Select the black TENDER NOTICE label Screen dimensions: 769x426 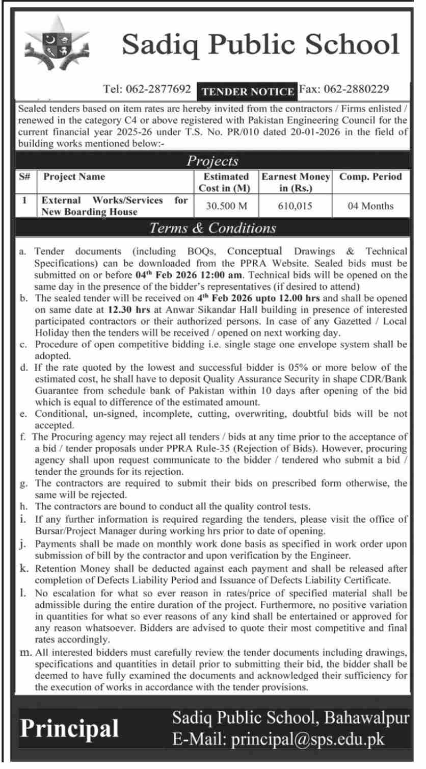pos(248,91)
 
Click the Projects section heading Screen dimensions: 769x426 pos(212,161)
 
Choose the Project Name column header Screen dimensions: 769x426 pos(74,177)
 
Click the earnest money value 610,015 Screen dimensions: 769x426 pos(296,206)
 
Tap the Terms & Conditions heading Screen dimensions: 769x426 pos(212,228)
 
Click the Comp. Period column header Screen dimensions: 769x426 pos(370,177)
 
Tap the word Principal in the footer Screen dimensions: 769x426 pos(69,728)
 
